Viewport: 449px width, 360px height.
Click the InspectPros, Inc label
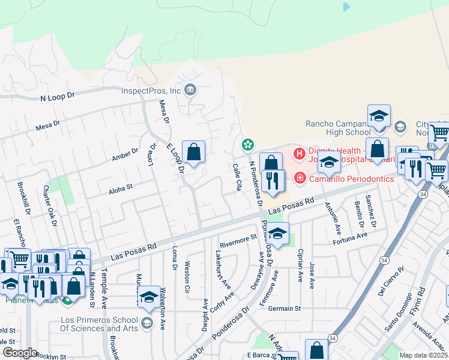(x=151, y=91)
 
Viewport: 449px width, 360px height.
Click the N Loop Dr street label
(x=57, y=96)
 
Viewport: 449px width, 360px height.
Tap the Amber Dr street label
(x=125, y=157)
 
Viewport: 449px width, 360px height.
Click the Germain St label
(x=284, y=308)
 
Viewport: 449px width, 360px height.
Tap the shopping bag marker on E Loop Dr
(x=193, y=154)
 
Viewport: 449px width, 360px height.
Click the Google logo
(x=19, y=353)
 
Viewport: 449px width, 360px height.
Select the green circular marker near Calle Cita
(x=247, y=145)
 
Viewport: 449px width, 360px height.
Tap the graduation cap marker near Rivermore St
(x=277, y=234)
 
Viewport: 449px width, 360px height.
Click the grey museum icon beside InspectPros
(x=191, y=91)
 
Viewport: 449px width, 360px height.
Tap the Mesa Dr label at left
(x=48, y=126)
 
